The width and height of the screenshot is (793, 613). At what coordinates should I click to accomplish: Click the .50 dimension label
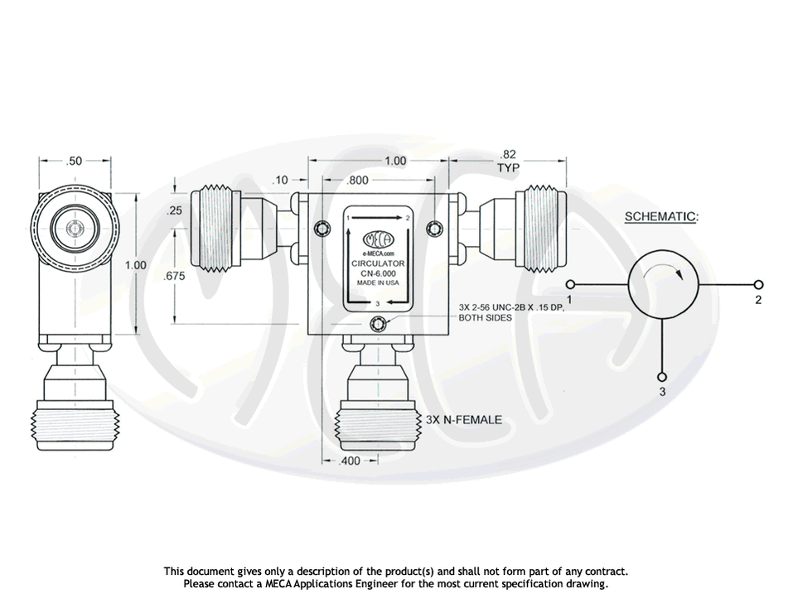pyautogui.click(x=74, y=161)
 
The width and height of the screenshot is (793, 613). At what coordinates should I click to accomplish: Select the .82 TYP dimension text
pyautogui.click(x=508, y=161)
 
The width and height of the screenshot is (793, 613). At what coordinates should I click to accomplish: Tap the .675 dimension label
pyautogui.click(x=175, y=277)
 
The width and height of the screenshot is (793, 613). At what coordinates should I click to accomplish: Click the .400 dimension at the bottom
pyautogui.click(x=351, y=461)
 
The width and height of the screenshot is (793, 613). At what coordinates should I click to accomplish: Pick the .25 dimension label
pyautogui.click(x=174, y=211)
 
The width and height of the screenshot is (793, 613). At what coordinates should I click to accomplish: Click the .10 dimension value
pyautogui.click(x=281, y=179)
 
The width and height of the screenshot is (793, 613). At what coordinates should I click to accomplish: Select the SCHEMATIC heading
pyautogui.click(x=660, y=217)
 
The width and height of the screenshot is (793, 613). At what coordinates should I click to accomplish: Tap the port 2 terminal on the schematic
pyautogui.click(x=756, y=284)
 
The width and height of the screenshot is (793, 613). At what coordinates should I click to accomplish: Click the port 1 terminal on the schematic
pyautogui.click(x=569, y=284)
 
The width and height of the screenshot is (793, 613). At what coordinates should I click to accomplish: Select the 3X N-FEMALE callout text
pyautogui.click(x=463, y=420)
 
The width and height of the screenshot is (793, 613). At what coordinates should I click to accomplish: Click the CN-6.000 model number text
pyautogui.click(x=378, y=273)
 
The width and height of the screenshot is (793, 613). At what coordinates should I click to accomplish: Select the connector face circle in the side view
pyautogui.click(x=75, y=229)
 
